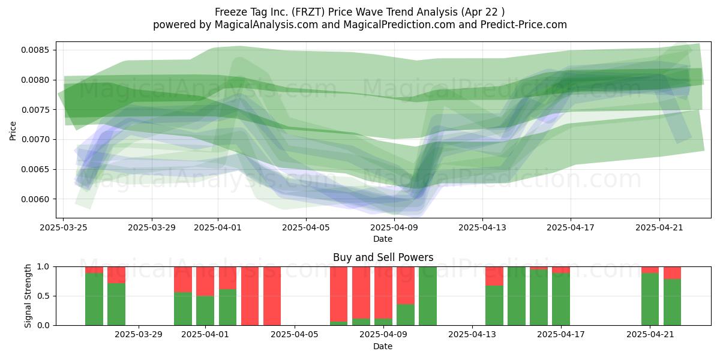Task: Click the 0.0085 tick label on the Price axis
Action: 35,50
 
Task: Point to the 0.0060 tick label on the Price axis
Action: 35,199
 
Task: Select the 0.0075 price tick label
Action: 35,110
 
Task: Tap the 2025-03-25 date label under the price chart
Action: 64,227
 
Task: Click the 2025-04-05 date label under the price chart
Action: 306,227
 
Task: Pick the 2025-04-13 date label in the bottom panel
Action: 472,334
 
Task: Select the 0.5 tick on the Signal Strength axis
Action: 43,296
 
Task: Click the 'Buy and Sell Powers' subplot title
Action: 383,257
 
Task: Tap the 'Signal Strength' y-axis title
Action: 28,296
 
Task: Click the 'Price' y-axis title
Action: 13,131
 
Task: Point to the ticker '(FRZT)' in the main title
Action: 308,12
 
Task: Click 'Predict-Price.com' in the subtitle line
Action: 524,25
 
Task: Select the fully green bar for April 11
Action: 428,296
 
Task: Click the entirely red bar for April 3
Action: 272,296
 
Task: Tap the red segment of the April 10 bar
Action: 406,286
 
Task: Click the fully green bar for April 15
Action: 517,296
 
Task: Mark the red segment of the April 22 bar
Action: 672,273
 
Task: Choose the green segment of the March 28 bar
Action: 116,304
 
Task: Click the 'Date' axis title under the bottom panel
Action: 383,346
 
